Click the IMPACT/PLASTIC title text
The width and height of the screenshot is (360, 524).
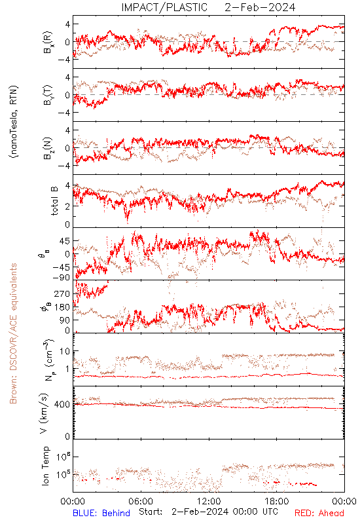click(x=164, y=7)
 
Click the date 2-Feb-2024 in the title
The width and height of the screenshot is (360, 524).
click(x=260, y=7)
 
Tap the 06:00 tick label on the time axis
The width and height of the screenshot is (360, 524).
click(x=141, y=501)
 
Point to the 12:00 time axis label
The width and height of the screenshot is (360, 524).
click(x=209, y=501)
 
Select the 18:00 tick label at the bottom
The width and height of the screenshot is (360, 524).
click(x=277, y=501)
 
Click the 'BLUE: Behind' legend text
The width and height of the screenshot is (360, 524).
click(x=101, y=513)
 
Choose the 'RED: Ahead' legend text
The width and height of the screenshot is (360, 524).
click(x=319, y=513)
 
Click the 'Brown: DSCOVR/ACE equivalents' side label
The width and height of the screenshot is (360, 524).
click(x=13, y=333)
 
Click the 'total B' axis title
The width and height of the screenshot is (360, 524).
click(x=54, y=200)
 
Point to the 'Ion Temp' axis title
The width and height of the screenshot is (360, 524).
click(x=45, y=466)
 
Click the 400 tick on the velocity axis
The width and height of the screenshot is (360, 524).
click(x=62, y=404)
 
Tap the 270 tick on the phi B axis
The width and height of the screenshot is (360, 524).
click(x=62, y=293)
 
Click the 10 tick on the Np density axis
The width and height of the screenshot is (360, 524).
click(x=64, y=351)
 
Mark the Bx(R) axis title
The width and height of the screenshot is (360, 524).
click(x=48, y=42)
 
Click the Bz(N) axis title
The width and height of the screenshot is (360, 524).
click(x=48, y=148)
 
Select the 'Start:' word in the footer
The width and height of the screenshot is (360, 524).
click(x=151, y=512)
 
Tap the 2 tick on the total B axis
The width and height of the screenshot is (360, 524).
click(x=67, y=206)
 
